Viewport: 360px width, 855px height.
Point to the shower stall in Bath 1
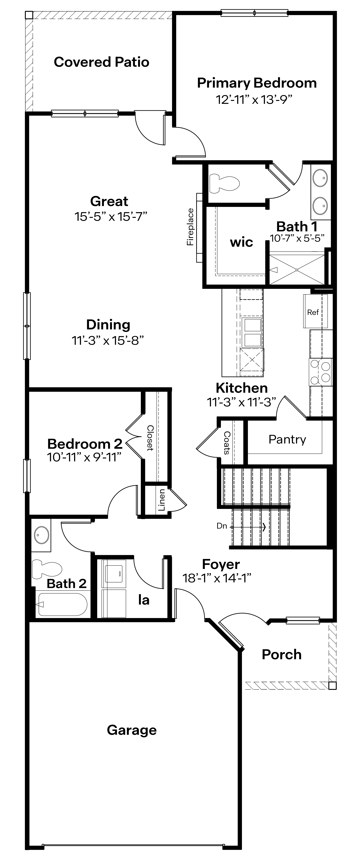point(296,270)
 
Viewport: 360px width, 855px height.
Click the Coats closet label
point(227,442)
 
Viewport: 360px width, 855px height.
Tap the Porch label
point(282,654)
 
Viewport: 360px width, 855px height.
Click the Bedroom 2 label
point(85,444)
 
